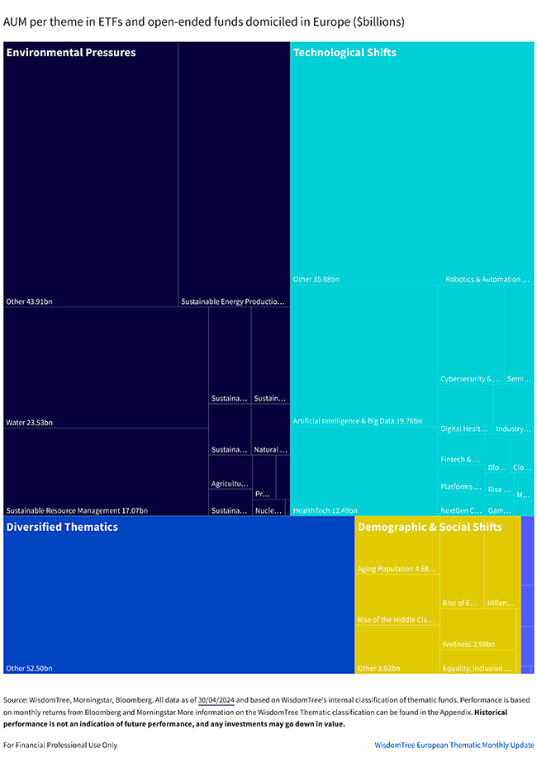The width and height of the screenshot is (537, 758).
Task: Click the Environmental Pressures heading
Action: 71,53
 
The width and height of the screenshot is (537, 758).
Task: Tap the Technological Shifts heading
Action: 345,53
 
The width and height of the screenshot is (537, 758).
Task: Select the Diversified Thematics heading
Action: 62,527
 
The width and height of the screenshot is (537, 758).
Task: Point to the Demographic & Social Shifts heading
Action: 430,527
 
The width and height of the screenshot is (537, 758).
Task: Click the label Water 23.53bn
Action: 29,423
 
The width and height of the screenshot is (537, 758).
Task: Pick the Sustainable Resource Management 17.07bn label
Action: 77,511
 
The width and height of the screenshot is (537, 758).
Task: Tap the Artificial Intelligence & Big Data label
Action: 357,421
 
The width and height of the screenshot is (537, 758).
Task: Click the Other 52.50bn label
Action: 29,668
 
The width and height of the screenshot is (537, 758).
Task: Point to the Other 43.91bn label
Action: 29,301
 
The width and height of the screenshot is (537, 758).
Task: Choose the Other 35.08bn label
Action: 316,280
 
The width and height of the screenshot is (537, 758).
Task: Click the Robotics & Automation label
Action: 487,280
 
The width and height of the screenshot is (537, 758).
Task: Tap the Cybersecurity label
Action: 470,379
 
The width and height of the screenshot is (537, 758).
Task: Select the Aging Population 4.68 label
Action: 397,569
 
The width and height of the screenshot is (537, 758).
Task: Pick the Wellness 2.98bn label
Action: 468,644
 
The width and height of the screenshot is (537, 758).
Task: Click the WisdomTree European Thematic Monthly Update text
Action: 454,745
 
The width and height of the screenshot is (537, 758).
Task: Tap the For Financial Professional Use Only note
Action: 59,745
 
